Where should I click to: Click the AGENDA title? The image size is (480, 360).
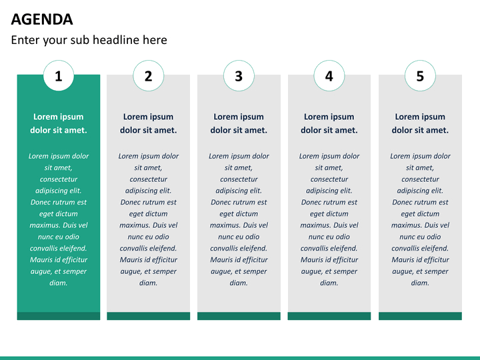pyautogui.click(x=42, y=19)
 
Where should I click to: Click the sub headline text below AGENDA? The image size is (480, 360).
pyautogui.click(x=89, y=40)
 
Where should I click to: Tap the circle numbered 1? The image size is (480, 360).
pyautogui.click(x=59, y=75)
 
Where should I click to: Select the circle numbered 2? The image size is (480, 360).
pyautogui.click(x=149, y=75)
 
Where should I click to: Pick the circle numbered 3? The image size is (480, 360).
pyautogui.click(x=239, y=75)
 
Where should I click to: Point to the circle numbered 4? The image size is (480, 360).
pyautogui.click(x=329, y=75)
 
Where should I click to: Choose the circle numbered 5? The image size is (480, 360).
pyautogui.click(x=420, y=75)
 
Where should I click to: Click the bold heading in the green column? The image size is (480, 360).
pyautogui.click(x=59, y=123)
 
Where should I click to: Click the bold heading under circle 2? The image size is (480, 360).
pyautogui.click(x=149, y=123)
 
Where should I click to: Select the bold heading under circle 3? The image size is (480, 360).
pyautogui.click(x=239, y=123)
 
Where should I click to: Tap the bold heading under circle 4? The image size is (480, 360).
pyautogui.click(x=329, y=123)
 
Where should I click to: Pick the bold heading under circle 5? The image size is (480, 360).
pyautogui.click(x=420, y=123)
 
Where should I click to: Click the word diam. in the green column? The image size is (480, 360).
pyautogui.click(x=59, y=283)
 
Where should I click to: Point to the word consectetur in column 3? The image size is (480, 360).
pyautogui.click(x=239, y=179)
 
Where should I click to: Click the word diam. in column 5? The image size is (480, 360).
pyautogui.click(x=420, y=283)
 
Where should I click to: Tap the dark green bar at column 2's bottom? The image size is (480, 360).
pyautogui.click(x=149, y=316)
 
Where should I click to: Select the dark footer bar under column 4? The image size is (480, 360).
pyautogui.click(x=329, y=316)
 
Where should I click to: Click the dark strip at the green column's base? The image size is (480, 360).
pyautogui.click(x=59, y=316)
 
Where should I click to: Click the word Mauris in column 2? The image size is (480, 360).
pyautogui.click(x=129, y=260)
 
